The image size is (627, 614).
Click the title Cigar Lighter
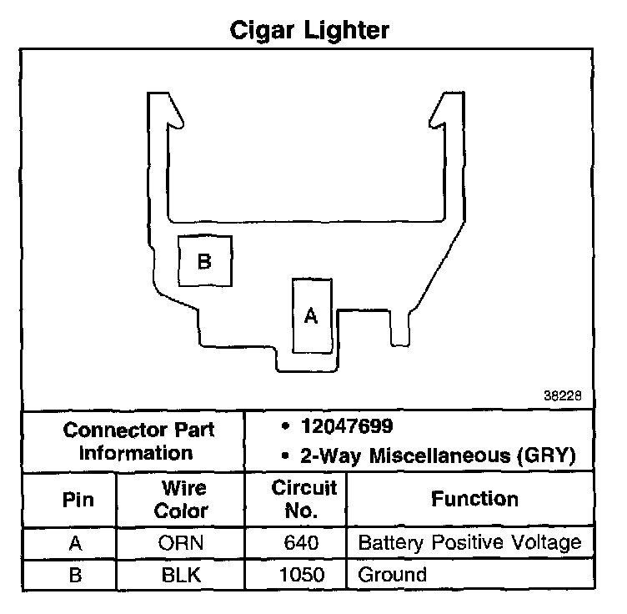309,31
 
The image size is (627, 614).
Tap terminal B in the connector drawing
204,261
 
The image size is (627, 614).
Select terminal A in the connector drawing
311,315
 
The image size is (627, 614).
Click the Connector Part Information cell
138,441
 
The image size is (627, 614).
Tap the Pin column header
78,500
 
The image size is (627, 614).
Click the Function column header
474,499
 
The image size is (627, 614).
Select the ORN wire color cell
181,544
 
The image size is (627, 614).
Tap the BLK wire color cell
181,574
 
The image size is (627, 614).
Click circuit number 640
301,544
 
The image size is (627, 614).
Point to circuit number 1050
301,574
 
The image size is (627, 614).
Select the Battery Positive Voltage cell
469,544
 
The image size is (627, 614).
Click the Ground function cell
392,574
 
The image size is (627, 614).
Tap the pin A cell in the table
76,544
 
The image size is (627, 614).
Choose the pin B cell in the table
76,574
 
